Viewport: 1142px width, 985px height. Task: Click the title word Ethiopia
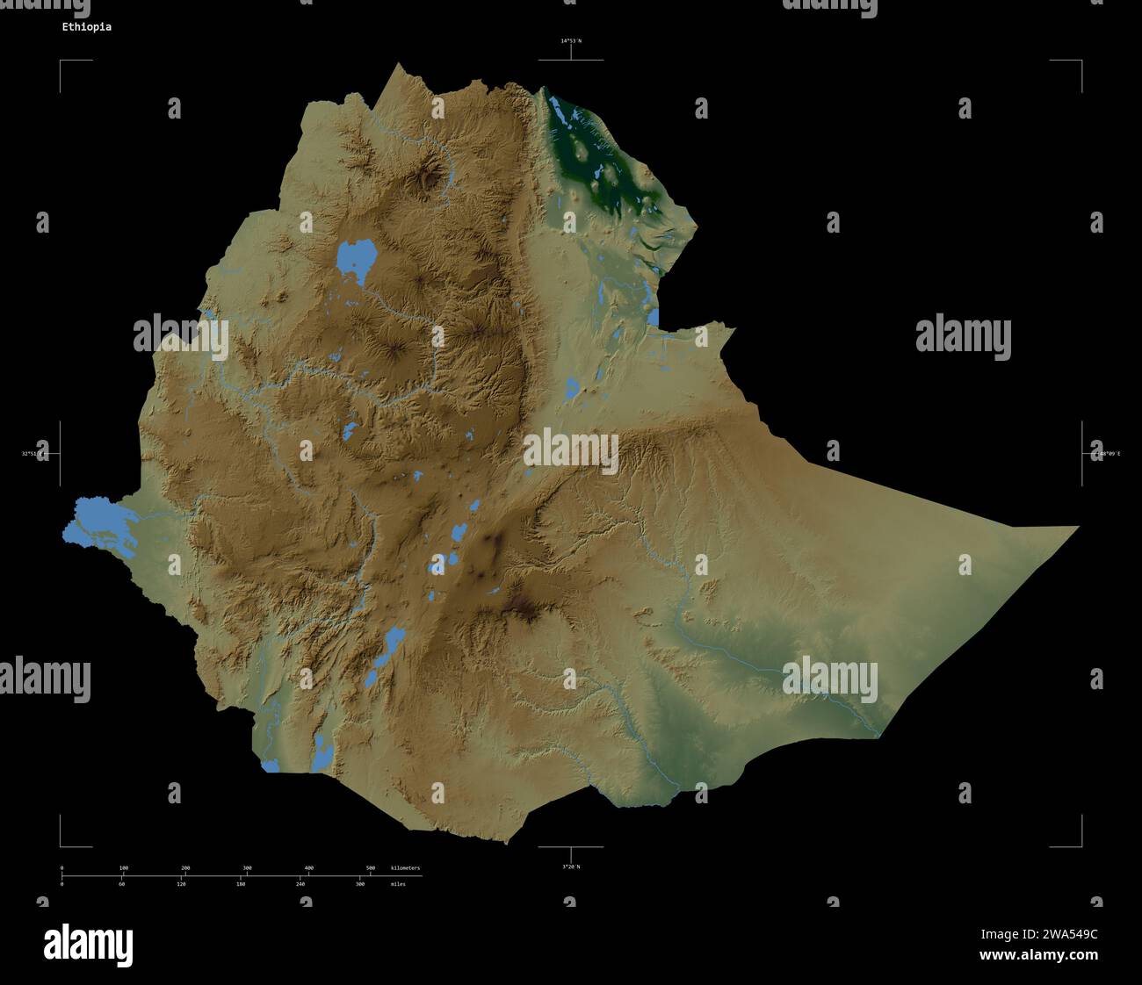click(x=86, y=27)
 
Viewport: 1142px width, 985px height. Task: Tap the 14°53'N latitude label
click(x=571, y=41)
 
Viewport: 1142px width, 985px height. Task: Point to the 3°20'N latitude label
click(x=571, y=866)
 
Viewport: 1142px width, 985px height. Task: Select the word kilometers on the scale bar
click(x=405, y=868)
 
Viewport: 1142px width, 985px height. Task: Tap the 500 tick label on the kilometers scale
click(x=370, y=868)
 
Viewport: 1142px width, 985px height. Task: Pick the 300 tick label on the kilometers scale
click(x=247, y=868)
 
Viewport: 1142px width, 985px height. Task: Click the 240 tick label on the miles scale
click(x=300, y=884)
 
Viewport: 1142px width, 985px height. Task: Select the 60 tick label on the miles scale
click(x=121, y=884)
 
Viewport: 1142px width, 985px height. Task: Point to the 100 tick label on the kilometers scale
click(x=124, y=868)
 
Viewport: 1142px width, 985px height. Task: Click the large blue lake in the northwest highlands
click(x=356, y=257)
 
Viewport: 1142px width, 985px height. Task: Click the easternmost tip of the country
click(x=1075, y=528)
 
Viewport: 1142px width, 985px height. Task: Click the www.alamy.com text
click(x=1038, y=955)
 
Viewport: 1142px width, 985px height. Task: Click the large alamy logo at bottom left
click(x=89, y=945)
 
